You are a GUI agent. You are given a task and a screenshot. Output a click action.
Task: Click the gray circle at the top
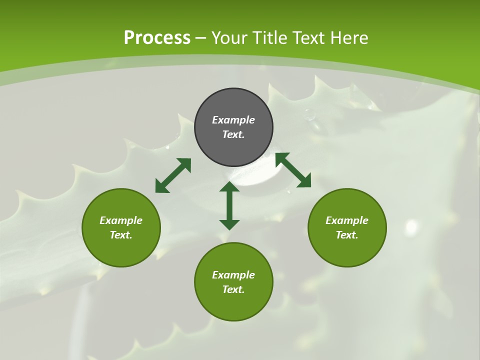[x=233, y=127]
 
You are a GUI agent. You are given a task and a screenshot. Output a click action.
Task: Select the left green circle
[x=121, y=227]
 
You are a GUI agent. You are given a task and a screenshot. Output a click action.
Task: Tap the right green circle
[x=347, y=227]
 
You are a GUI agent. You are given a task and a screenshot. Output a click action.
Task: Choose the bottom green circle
[x=233, y=282]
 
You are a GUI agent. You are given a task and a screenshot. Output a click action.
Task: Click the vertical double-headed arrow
[x=229, y=205]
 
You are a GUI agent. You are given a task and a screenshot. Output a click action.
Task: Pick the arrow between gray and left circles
[x=173, y=175]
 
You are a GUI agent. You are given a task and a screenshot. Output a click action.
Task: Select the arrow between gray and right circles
[x=293, y=170]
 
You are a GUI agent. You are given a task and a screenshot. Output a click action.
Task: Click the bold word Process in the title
[x=157, y=37]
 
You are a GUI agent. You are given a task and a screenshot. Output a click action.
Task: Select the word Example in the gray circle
[x=233, y=120]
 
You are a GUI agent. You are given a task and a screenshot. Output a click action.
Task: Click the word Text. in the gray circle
[x=233, y=134]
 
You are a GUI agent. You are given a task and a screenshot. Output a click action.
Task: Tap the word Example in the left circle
[x=121, y=220]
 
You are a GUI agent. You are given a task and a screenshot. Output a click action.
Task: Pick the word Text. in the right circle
[x=347, y=235]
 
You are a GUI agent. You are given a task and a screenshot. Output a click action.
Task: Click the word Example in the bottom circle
[x=233, y=275]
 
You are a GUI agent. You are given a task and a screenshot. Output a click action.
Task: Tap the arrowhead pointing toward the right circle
[x=304, y=181]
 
